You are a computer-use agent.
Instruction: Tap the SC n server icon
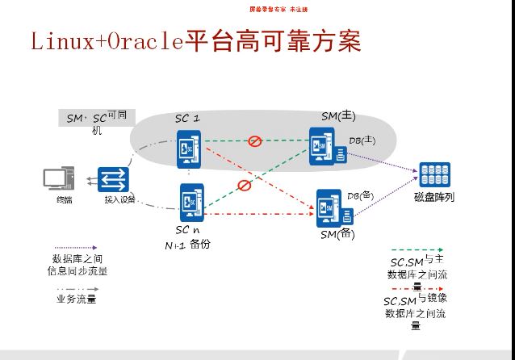pyautogui.click(x=191, y=202)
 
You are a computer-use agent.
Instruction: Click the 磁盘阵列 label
pyautogui.click(x=434, y=197)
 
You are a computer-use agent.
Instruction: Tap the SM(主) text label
pyautogui.click(x=338, y=116)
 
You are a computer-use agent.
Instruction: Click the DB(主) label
pyautogui.click(x=362, y=140)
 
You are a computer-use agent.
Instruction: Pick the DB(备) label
pyautogui.click(x=360, y=195)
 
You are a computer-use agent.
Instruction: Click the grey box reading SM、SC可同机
pyautogui.click(x=96, y=118)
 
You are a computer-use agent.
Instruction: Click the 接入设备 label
pyautogui.click(x=119, y=200)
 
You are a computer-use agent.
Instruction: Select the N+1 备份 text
pyautogui.click(x=188, y=244)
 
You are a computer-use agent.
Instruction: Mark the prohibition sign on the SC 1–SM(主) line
pyautogui.click(x=255, y=141)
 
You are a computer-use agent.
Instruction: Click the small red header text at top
pyautogui.click(x=278, y=9)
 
